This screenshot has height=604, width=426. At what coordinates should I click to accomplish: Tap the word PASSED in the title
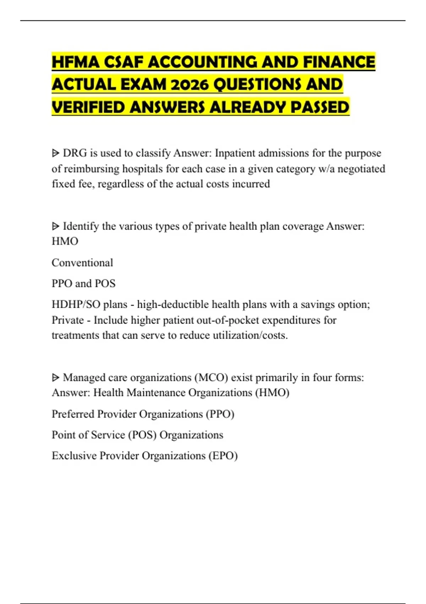[320, 107]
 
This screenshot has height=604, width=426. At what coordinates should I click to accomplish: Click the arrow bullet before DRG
[56, 153]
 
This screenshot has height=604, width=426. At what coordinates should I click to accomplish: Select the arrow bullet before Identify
[56, 226]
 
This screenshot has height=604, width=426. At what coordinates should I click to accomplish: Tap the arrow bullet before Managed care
[56, 378]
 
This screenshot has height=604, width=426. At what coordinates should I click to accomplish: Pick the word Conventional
[82, 263]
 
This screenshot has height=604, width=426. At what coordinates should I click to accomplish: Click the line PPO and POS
[83, 284]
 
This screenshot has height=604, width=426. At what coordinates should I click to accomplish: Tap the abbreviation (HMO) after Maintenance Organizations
[272, 393]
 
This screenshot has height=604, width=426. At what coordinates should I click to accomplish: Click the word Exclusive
[74, 456]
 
